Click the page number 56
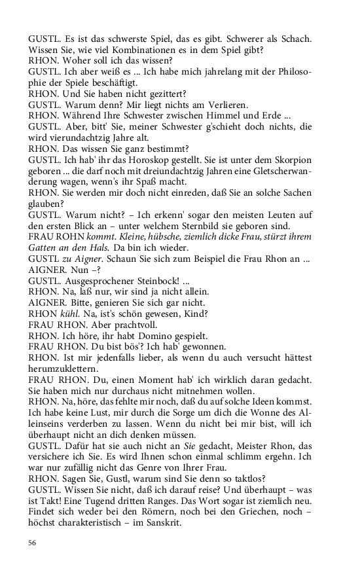32,543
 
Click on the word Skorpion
289,160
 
